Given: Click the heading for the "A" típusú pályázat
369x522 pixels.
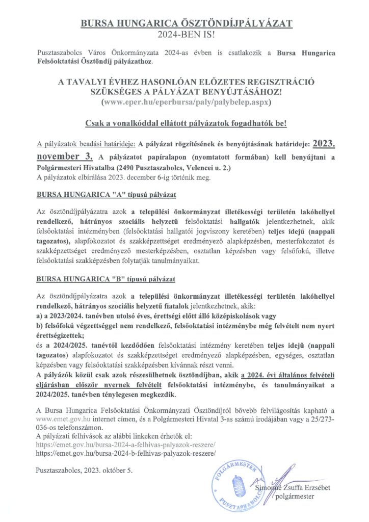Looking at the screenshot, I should tap(106, 195).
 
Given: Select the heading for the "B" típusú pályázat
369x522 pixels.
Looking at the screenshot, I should tap(106, 280).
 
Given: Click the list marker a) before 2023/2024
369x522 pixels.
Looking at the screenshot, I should tap(40, 314).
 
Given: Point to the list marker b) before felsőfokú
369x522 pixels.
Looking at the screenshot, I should tap(40, 323).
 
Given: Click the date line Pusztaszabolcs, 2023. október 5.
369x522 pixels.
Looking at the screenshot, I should tap(85, 469).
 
